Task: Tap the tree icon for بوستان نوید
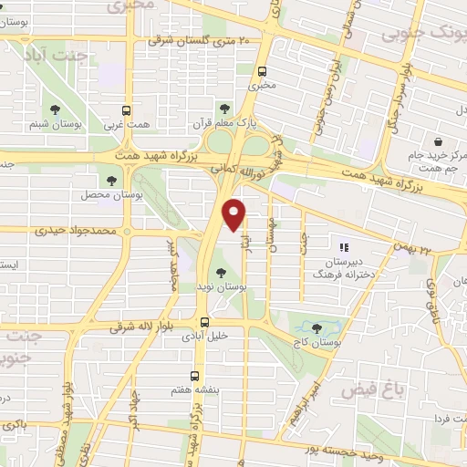point(220,271)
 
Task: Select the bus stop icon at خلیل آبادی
point(204,321)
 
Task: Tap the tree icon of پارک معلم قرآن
point(224,109)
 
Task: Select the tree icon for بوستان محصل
point(112,181)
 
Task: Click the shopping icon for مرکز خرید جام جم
point(439,143)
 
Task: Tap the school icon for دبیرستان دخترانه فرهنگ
point(344,247)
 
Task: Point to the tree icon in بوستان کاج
point(317,327)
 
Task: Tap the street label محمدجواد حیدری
point(78,232)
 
